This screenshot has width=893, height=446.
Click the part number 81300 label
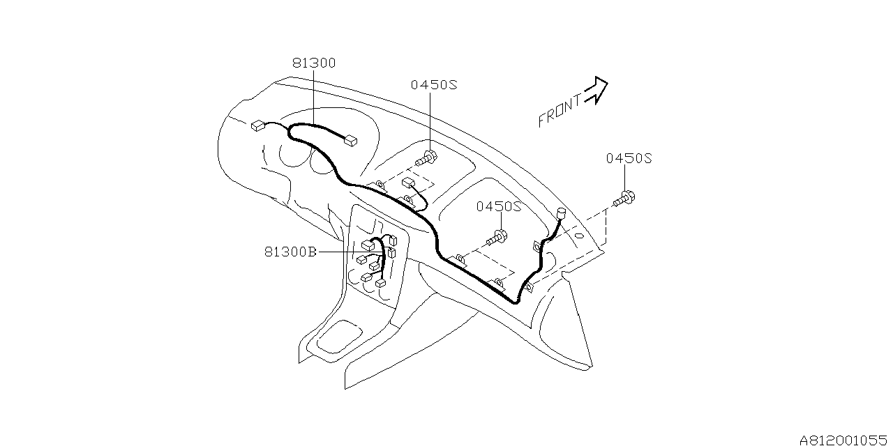pos(314,63)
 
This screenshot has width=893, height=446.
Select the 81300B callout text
pos(291,252)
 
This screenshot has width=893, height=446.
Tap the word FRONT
pos(560,111)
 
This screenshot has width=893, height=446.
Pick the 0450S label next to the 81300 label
pos(433,84)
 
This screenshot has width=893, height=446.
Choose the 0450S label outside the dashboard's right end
pos(628,158)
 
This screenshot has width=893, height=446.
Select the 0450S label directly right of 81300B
pos(500,207)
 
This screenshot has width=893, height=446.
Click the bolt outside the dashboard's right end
pos(625,199)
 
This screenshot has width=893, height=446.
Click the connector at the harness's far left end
pos(257,126)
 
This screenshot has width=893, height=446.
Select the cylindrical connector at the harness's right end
pos(561,214)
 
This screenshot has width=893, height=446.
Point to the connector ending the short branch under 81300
pos(350,141)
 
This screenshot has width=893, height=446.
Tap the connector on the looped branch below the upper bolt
pos(408,183)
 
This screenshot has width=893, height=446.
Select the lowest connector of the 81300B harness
pos(381,284)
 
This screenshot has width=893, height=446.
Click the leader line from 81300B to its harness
pos(349,252)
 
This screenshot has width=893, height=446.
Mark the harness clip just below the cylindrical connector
pos(536,245)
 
